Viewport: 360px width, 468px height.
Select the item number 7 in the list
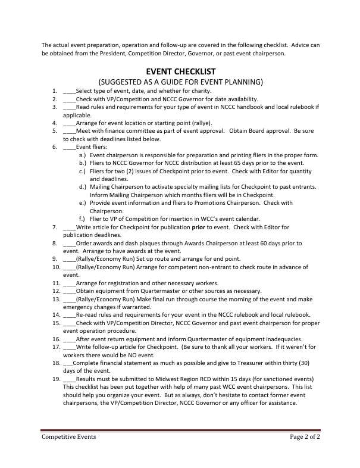coord(55,227)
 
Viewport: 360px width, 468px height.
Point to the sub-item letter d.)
coord(82,187)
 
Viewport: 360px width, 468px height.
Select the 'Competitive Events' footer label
coord(68,436)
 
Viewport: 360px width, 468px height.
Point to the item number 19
coord(55,379)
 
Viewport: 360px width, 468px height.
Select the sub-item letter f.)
coord(82,219)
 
